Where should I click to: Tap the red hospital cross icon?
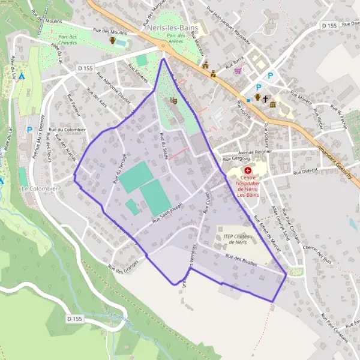pos(247,170)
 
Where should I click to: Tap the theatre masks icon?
pos(174,100)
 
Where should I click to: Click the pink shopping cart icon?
pos(238,70)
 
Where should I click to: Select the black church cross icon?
pos(265,97)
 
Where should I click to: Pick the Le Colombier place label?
pos(40,188)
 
